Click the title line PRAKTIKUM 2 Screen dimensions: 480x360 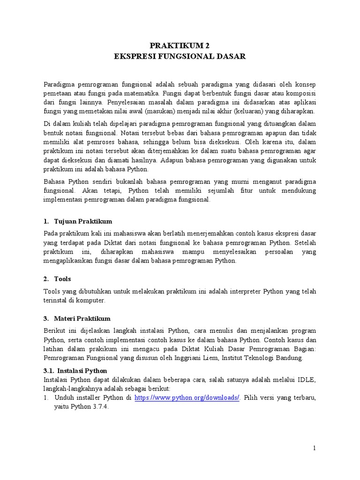tap(180, 45)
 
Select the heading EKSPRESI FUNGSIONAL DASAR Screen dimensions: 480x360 tap(180, 56)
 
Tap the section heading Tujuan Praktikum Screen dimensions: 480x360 tap(83, 221)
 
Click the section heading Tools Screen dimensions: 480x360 tap(63, 279)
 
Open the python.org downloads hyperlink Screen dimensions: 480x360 tap(187, 397)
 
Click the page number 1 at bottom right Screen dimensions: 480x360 tap(315, 448)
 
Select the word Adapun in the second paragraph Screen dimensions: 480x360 tap(175, 160)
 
